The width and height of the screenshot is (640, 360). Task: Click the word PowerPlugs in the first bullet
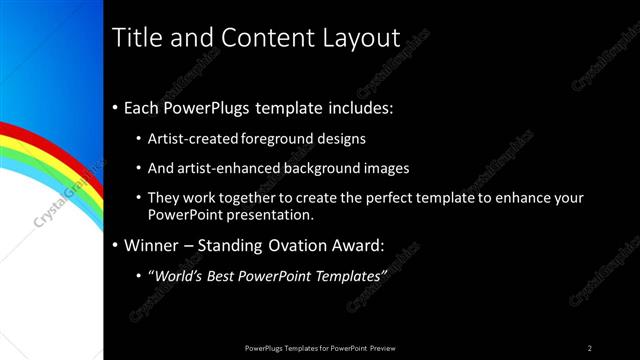210,105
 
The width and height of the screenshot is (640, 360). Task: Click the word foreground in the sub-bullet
276,140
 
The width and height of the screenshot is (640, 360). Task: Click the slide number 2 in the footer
590,347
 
